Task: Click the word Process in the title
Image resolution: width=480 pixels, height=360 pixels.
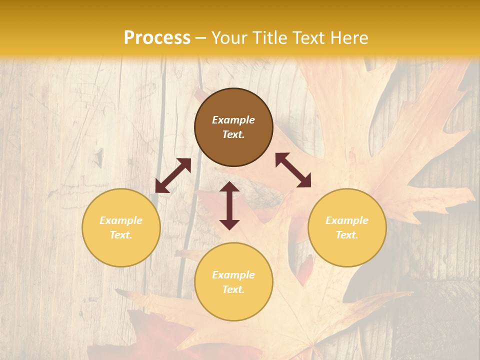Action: tap(157, 37)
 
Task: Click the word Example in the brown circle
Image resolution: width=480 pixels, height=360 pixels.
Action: tap(233, 120)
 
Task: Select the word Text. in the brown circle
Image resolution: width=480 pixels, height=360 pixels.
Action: tap(233, 134)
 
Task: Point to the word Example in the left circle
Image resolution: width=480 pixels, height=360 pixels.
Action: tap(121, 220)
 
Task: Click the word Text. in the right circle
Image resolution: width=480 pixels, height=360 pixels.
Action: tap(347, 235)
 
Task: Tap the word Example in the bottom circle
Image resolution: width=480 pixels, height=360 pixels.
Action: tap(233, 275)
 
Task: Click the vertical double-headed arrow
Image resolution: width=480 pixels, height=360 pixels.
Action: tap(229, 205)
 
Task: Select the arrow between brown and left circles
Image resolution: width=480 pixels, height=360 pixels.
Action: tap(173, 175)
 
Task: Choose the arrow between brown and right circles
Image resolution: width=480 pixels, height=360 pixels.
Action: tap(293, 170)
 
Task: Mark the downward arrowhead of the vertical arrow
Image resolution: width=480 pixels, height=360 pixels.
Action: tap(229, 223)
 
